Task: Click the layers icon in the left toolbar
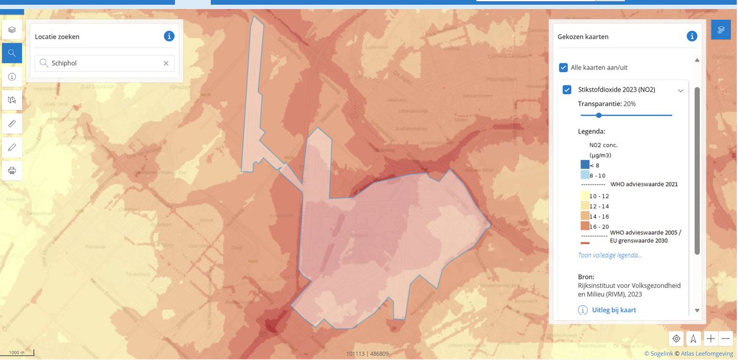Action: click(x=12, y=29)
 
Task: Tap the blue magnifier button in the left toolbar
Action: click(x=12, y=53)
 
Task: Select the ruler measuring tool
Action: click(x=12, y=123)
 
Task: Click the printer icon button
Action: click(x=12, y=169)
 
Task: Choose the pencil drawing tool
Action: click(x=12, y=146)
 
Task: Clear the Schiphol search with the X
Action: click(x=166, y=63)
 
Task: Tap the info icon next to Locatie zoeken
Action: click(x=169, y=36)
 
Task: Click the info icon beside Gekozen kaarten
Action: click(x=692, y=36)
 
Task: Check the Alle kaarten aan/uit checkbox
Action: click(x=563, y=67)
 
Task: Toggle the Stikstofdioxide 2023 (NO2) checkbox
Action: click(x=567, y=90)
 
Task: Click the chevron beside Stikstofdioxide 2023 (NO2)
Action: click(x=680, y=90)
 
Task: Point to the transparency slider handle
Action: click(x=598, y=115)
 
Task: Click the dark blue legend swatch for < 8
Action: click(x=584, y=165)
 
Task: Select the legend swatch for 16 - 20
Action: click(x=584, y=226)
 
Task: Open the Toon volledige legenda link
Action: click(x=609, y=255)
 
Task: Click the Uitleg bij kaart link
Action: click(x=613, y=310)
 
